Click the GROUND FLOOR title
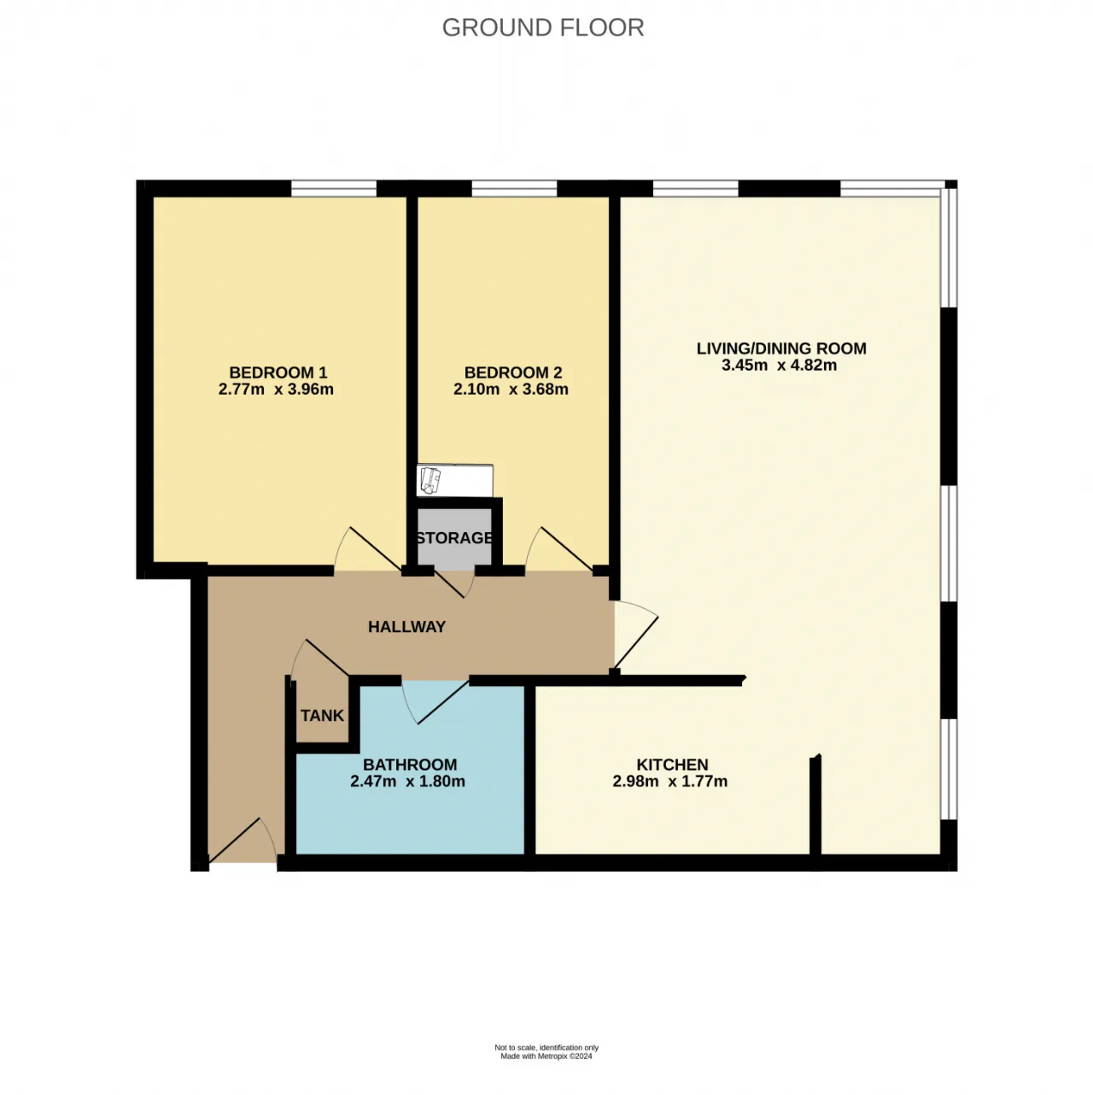[x=542, y=28]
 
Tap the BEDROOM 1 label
[x=278, y=372]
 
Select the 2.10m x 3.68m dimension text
[x=511, y=389]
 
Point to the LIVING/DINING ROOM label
[x=781, y=348]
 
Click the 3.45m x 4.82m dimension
[x=779, y=365]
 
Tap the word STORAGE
[x=454, y=537]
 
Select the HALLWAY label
[x=406, y=627]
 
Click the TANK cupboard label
[x=322, y=716]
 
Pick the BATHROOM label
[x=410, y=764]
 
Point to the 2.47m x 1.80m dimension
[x=407, y=782]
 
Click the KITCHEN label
[x=672, y=764]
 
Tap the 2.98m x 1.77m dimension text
[x=669, y=782]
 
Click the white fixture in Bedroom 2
[x=454, y=480]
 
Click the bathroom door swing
[x=435, y=701]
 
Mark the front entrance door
[x=243, y=841]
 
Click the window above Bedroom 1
[x=334, y=188]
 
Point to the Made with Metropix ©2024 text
[x=546, y=1057]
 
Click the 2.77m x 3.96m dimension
[x=276, y=389]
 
